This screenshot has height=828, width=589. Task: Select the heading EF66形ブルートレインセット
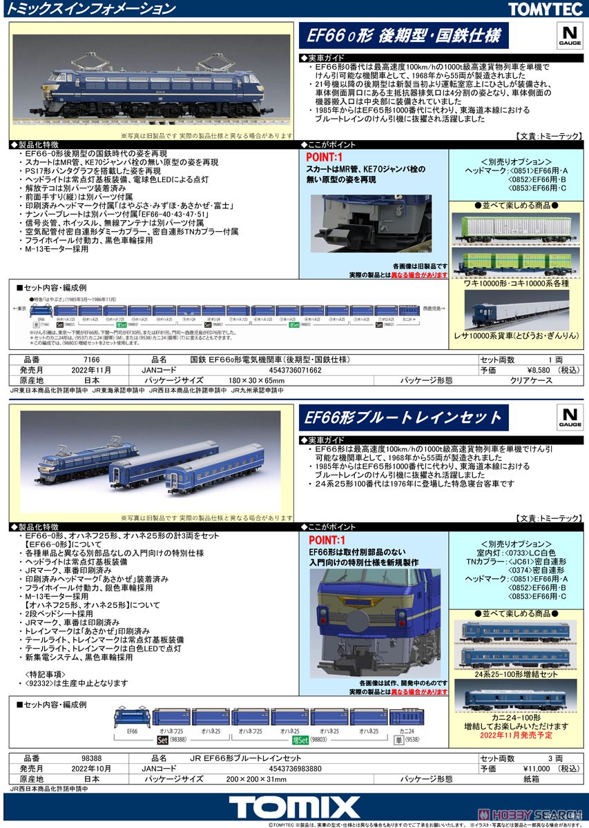click(x=403, y=417)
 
